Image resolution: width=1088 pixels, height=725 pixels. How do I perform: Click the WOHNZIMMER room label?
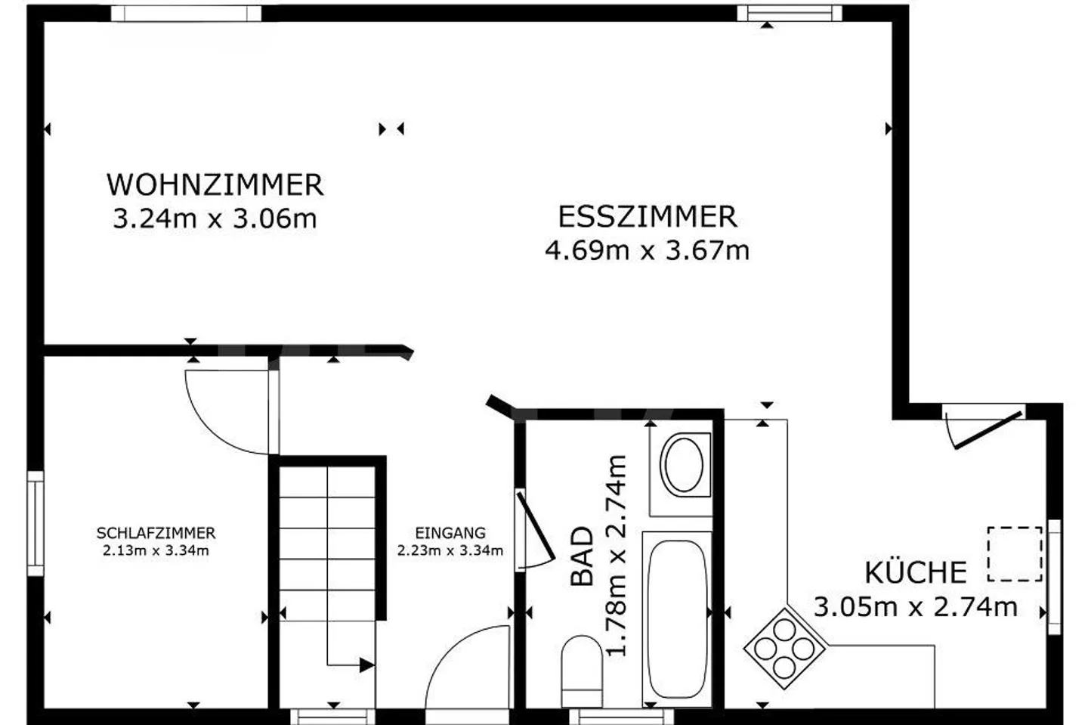click(215, 184)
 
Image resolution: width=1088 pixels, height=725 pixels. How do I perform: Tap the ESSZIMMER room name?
click(648, 217)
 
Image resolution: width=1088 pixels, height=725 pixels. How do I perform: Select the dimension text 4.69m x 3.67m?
click(648, 251)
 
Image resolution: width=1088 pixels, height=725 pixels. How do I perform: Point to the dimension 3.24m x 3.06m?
click(215, 218)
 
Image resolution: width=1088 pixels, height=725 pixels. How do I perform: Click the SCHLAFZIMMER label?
click(156, 533)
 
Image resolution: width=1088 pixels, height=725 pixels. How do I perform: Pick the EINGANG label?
click(450, 533)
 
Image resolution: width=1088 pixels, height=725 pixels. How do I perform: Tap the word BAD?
click(582, 556)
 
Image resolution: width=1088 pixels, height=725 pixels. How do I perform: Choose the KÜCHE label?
click(916, 572)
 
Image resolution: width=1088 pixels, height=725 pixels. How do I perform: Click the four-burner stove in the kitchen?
click(784, 649)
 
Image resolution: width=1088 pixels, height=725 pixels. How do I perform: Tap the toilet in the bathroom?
click(582, 671)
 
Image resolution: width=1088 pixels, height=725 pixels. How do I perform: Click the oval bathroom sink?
click(684, 465)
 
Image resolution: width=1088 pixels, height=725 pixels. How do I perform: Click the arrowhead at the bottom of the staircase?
click(367, 665)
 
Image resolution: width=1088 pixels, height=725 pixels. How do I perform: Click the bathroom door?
click(536, 525)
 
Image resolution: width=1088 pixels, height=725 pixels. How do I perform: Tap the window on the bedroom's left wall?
click(36, 523)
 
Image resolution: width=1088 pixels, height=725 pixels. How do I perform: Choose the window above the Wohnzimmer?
click(186, 14)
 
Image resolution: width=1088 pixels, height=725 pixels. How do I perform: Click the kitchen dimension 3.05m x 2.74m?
click(916, 607)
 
